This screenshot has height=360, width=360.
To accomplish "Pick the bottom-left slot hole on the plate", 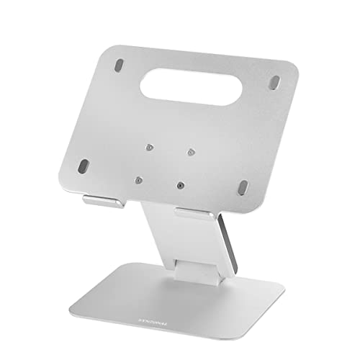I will (x=84, y=165).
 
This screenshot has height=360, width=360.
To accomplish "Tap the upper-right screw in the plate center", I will (x=192, y=152).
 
